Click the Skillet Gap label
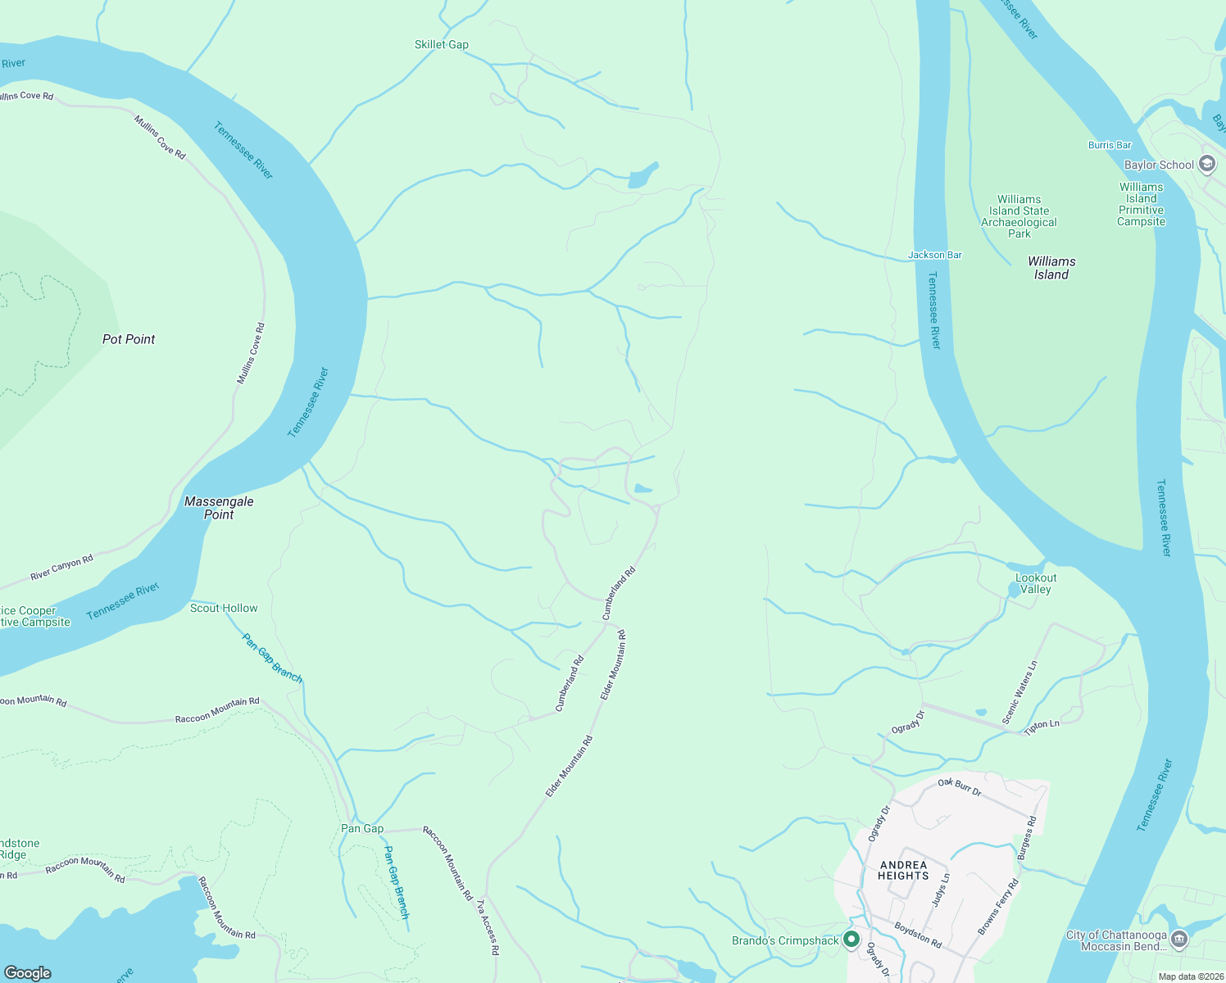tap(441, 45)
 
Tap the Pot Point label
tap(129, 339)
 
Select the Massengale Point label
tap(219, 508)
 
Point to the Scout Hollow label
tap(224, 608)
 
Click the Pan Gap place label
tap(362, 828)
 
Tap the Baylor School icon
tap(1207, 164)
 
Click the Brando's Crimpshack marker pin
tap(851, 940)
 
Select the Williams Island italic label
tap(1051, 268)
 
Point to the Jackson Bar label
tap(934, 255)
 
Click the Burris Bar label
tap(1110, 145)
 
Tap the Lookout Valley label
tap(1036, 583)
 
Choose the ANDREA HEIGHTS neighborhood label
tap(903, 870)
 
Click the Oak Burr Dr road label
tap(960, 787)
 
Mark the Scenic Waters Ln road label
tap(1020, 692)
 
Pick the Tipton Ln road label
tap(1042, 725)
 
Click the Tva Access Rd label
tap(488, 927)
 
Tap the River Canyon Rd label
tap(62, 568)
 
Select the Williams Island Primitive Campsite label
tap(1141, 204)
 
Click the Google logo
tap(28, 973)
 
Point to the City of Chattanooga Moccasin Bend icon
tap(1179, 939)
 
